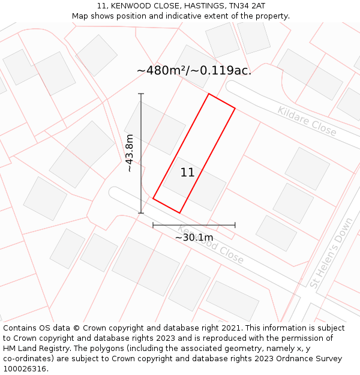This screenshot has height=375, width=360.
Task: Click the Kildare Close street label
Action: click(307, 121)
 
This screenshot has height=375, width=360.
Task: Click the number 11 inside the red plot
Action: click(187, 173)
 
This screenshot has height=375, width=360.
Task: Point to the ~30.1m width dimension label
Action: click(194, 238)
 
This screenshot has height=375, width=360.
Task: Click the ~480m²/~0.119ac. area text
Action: click(194, 70)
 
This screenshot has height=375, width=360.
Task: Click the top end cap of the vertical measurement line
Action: click(141, 94)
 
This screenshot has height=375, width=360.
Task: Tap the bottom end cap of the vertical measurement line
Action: click(141, 213)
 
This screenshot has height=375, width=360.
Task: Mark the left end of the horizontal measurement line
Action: click(153, 225)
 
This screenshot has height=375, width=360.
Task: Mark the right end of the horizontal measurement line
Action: click(235, 225)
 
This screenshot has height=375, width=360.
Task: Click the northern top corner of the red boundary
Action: click(209, 94)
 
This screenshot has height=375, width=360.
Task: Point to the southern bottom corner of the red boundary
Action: click(179, 212)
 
